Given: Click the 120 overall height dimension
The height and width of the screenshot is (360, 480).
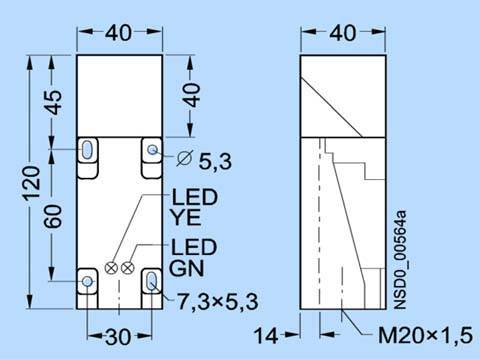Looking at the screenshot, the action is point(32,183).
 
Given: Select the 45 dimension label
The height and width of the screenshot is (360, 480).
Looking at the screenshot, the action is point(53,102).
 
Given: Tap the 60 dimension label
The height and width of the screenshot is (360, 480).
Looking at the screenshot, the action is point(53,217).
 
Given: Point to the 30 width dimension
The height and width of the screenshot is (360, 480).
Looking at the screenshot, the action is point(118,337).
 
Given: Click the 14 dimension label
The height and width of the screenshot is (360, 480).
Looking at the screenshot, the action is point(266,335).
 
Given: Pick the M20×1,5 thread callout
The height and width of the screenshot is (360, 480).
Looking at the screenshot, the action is point(426,335).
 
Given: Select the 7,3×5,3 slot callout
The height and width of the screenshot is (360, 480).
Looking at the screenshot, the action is point(217,302).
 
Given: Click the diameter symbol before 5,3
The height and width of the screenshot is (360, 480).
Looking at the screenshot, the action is point(185,158).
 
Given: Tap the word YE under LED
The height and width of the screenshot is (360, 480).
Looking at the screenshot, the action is point(186,217).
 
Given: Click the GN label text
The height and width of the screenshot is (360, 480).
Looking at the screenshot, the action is point(186,268).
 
